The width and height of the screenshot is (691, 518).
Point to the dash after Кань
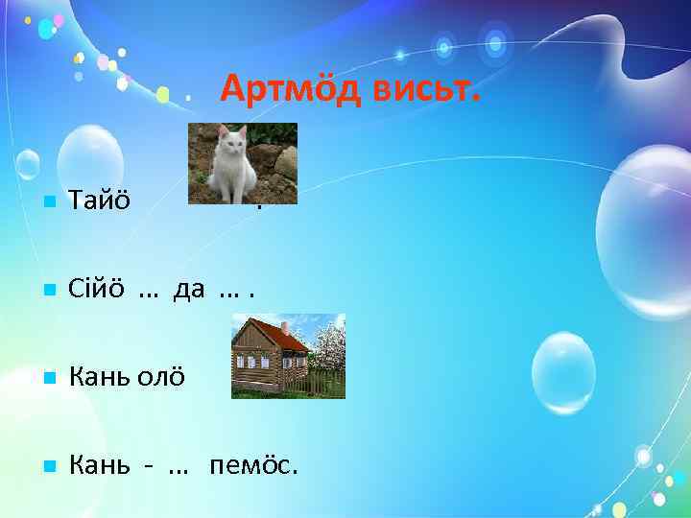(148, 467)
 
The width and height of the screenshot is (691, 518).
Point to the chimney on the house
(286, 326)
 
